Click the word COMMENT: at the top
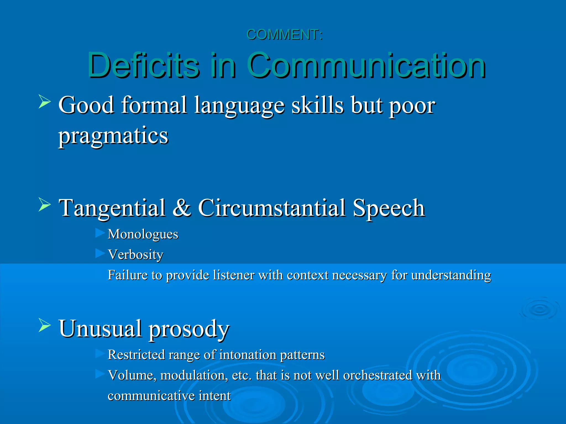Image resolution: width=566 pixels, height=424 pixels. click(x=284, y=35)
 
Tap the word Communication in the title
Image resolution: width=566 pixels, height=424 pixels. click(x=366, y=65)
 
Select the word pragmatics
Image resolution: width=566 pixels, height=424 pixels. click(x=113, y=136)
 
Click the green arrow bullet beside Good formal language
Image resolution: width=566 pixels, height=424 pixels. click(x=44, y=101)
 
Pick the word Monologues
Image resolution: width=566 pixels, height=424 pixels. click(x=143, y=234)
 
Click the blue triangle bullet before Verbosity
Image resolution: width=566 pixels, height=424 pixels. click(x=100, y=253)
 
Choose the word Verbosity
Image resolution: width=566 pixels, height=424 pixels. click(x=135, y=255)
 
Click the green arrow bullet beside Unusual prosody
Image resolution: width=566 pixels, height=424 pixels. click(x=44, y=325)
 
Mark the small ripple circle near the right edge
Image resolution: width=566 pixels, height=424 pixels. click(x=539, y=309)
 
